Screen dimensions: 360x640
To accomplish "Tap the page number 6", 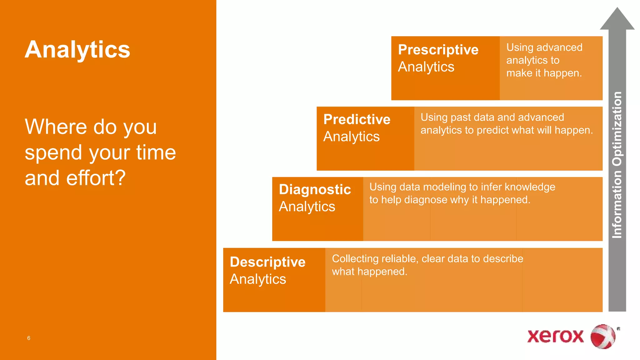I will [x=29, y=338].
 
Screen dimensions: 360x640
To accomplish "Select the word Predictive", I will [x=357, y=119].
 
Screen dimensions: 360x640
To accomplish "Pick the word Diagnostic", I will [x=315, y=189].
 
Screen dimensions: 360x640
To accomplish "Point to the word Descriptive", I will [x=267, y=262].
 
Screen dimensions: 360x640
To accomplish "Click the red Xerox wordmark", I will [x=555, y=336].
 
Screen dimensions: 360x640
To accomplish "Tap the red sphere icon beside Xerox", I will [x=602, y=337].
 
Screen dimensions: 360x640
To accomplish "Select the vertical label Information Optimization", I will [x=617, y=165].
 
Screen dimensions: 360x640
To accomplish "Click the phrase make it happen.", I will [x=544, y=73].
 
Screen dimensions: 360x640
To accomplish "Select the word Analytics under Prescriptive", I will [x=426, y=67].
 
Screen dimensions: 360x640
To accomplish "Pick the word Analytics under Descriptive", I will [x=258, y=279].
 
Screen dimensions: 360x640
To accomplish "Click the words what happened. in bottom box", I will [x=369, y=272].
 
